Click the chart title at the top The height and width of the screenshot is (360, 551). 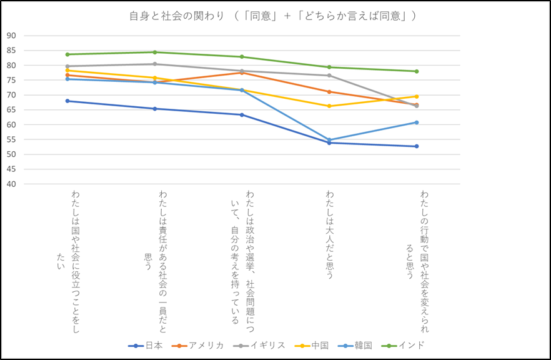[273, 16]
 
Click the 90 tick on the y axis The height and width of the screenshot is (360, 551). [11, 36]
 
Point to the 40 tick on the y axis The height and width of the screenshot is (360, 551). [11, 184]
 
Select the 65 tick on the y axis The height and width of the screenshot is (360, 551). [11, 110]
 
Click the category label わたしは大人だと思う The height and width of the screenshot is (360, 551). [329, 234]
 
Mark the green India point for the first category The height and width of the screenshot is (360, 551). [67, 54]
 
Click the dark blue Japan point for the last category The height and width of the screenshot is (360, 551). [417, 146]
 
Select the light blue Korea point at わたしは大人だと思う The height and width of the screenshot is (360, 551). [329, 140]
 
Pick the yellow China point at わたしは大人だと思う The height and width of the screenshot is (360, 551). [329, 106]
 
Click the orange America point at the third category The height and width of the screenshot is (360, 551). [242, 72]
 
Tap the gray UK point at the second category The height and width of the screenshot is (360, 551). [155, 64]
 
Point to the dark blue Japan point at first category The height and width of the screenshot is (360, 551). [67, 101]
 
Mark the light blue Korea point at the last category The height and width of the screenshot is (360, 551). [417, 122]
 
